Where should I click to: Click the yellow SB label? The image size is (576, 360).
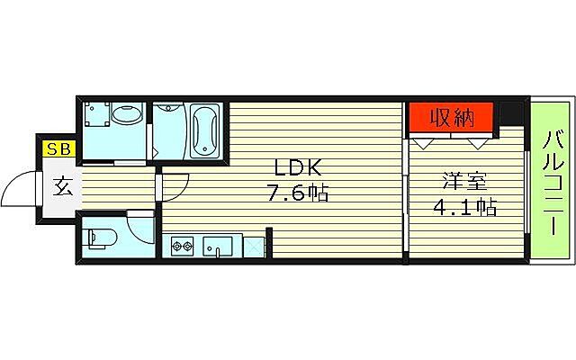59,149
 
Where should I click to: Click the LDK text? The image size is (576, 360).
292,168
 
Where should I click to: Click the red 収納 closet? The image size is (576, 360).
451,117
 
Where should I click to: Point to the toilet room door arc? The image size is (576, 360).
138,225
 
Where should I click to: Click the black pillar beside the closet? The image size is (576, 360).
510,114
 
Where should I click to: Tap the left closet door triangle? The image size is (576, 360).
423,141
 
